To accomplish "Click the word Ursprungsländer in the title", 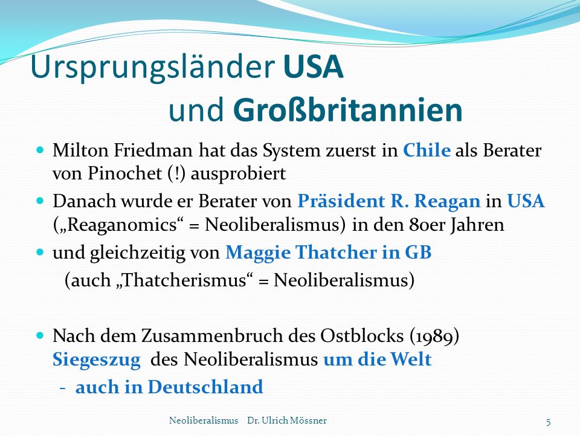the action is pyautogui.click(x=153, y=67).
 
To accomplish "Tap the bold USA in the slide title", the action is pyautogui.click(x=314, y=66).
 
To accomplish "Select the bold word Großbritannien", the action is pyautogui.click(x=348, y=110).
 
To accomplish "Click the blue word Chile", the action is pyautogui.click(x=427, y=150).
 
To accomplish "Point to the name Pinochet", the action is pyautogui.click(x=124, y=173).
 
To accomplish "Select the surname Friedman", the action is pyautogui.click(x=153, y=150).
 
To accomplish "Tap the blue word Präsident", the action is pyautogui.click(x=341, y=201).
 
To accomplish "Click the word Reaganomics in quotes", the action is pyautogui.click(x=122, y=225).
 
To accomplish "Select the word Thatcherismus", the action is pyautogui.click(x=184, y=280).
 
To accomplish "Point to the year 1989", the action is pyautogui.click(x=434, y=337).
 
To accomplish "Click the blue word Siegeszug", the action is pyautogui.click(x=97, y=359).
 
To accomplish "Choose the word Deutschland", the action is pyautogui.click(x=205, y=387).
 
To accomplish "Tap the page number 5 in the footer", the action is pyautogui.click(x=548, y=422).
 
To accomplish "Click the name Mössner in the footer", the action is pyautogui.click(x=309, y=420).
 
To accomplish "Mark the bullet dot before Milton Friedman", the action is pyautogui.click(x=40, y=150).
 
